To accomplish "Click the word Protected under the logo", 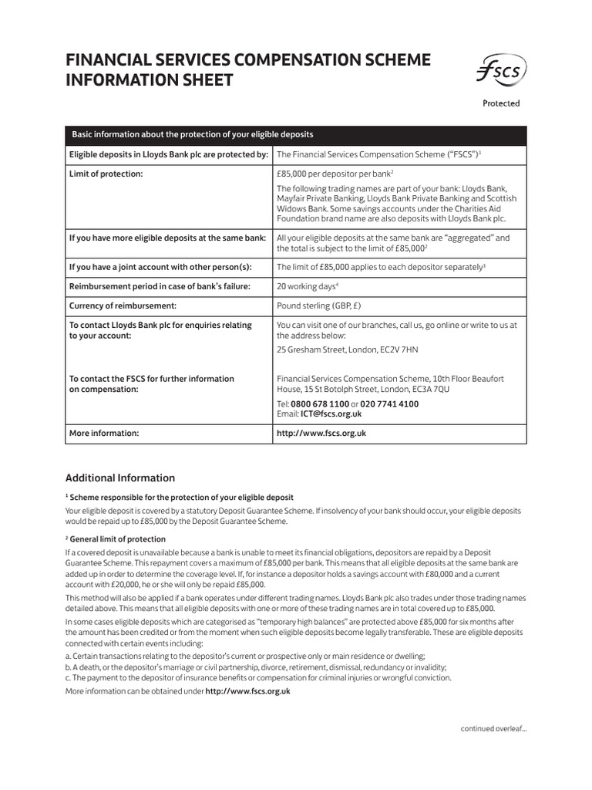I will (501, 103).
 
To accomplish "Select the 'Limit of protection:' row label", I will (106, 174).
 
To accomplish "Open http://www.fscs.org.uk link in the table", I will (321, 434).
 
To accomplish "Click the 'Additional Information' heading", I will (119, 478).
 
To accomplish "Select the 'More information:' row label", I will (104, 434).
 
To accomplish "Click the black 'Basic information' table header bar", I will (295, 134).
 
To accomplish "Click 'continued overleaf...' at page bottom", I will (493, 728).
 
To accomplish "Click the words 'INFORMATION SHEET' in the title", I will (149, 80).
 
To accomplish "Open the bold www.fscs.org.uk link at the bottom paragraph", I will (247, 691).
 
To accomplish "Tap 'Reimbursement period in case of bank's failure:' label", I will (160, 286).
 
